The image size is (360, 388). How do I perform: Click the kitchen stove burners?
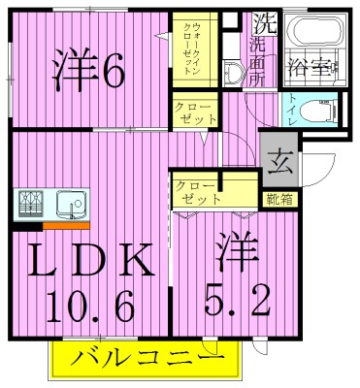pos(31,204)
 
